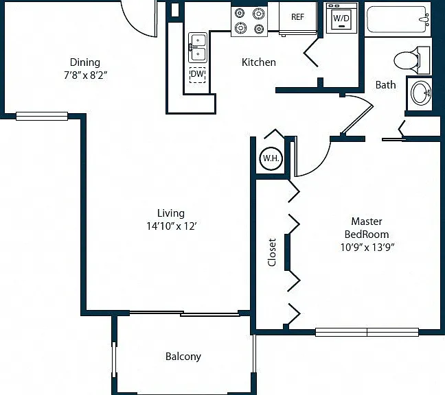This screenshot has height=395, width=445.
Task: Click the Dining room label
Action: [x=85, y=62]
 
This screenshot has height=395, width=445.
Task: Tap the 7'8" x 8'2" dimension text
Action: [x=85, y=75]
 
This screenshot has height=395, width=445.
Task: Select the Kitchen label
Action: [x=258, y=62]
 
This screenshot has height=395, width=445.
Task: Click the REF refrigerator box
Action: [x=298, y=18]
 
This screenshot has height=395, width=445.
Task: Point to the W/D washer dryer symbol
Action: [x=341, y=18]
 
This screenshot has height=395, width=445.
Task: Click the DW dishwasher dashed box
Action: [x=198, y=75]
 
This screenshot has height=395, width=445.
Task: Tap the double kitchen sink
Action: [x=198, y=47]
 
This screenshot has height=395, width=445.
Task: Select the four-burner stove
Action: [x=249, y=21]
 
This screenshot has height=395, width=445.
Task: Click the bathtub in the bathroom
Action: [x=398, y=19]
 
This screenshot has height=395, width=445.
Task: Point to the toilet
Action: [x=411, y=60]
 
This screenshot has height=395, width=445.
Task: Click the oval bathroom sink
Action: [x=421, y=93]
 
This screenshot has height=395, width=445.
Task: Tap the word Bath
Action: [x=385, y=85]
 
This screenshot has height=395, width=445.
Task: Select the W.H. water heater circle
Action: [x=271, y=158]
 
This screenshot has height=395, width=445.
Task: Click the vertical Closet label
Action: [x=272, y=252]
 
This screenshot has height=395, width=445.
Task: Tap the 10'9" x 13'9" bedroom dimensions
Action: [x=367, y=248]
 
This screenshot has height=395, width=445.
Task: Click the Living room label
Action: [x=171, y=213]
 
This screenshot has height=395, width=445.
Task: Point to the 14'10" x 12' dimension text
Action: [x=172, y=226]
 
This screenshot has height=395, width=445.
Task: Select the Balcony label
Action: [x=183, y=357]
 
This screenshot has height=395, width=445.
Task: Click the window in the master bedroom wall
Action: [x=367, y=332]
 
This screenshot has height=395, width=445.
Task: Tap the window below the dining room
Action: [x=42, y=116]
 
